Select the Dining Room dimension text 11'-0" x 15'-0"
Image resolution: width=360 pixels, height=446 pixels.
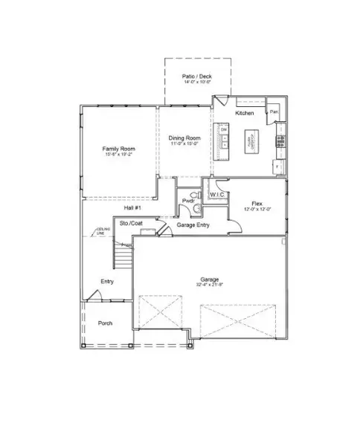click(184, 144)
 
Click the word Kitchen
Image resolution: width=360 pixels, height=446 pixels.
click(245, 113)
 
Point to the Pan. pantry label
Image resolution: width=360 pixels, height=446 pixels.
click(274, 112)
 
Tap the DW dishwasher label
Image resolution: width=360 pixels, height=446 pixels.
click(222, 130)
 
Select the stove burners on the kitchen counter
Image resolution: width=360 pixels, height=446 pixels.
click(280, 139)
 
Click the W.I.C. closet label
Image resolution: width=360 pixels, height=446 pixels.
click(217, 195)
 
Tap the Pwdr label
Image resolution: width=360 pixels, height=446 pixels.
click(187, 201)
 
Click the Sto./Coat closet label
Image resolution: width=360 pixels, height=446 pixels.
click(132, 223)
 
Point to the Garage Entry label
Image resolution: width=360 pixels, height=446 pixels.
click(192, 225)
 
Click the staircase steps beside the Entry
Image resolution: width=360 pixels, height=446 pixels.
click(122, 259)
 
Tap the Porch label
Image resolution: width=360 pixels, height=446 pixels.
click(105, 323)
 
